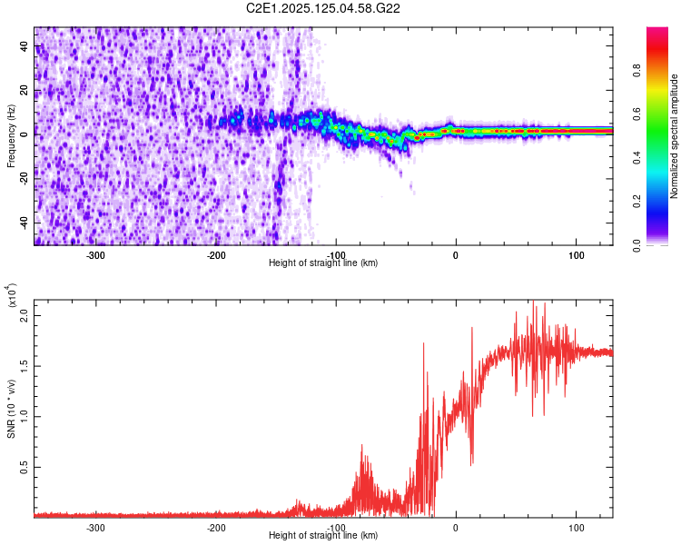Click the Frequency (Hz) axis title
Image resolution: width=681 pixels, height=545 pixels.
tap(10, 135)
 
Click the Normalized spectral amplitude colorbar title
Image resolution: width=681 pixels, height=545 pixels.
tap(674, 136)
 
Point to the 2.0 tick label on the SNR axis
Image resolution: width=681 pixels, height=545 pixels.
tap(25, 315)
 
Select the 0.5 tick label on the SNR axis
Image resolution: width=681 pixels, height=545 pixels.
tap(25, 467)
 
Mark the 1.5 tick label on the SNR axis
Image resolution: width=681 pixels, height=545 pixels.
tap(25, 366)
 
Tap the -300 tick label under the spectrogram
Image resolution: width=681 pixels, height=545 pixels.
tap(96, 255)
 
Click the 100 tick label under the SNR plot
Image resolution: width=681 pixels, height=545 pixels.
tap(576, 527)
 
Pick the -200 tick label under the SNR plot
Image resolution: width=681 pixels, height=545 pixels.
tap(216, 527)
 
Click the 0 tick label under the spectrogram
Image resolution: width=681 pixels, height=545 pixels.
tap(456, 255)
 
